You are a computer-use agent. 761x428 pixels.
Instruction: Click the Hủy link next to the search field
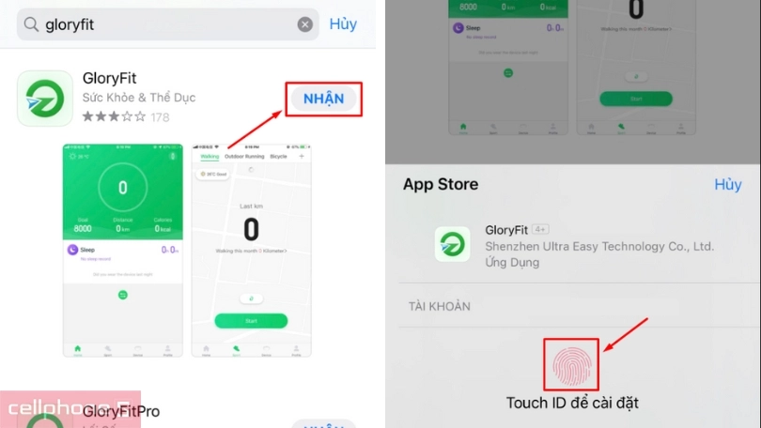click(343, 24)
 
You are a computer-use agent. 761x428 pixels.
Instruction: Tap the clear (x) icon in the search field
click(305, 24)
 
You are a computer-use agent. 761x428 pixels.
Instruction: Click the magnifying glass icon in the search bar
click(32, 25)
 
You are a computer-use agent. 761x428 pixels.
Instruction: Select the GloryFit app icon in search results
click(45, 98)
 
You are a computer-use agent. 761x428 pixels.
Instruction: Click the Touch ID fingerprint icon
click(572, 364)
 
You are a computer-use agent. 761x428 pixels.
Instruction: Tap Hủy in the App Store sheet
click(727, 184)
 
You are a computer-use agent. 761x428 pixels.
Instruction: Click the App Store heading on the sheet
click(441, 184)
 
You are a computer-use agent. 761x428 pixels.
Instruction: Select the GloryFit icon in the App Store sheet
click(453, 245)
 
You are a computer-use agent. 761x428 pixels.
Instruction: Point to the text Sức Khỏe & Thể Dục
click(139, 98)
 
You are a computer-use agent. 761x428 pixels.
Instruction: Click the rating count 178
click(161, 117)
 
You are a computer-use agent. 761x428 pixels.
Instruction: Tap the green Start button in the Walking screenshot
click(250, 320)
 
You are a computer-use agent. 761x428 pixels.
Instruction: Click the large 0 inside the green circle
click(122, 188)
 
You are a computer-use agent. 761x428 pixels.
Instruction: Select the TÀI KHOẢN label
click(440, 306)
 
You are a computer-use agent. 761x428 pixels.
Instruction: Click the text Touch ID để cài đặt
click(572, 403)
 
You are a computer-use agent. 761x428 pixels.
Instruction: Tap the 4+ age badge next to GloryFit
click(540, 229)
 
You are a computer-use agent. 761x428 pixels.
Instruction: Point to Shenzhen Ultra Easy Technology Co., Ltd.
click(599, 246)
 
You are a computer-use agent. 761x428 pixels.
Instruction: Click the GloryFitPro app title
click(121, 411)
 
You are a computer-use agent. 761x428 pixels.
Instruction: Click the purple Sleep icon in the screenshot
click(73, 250)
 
